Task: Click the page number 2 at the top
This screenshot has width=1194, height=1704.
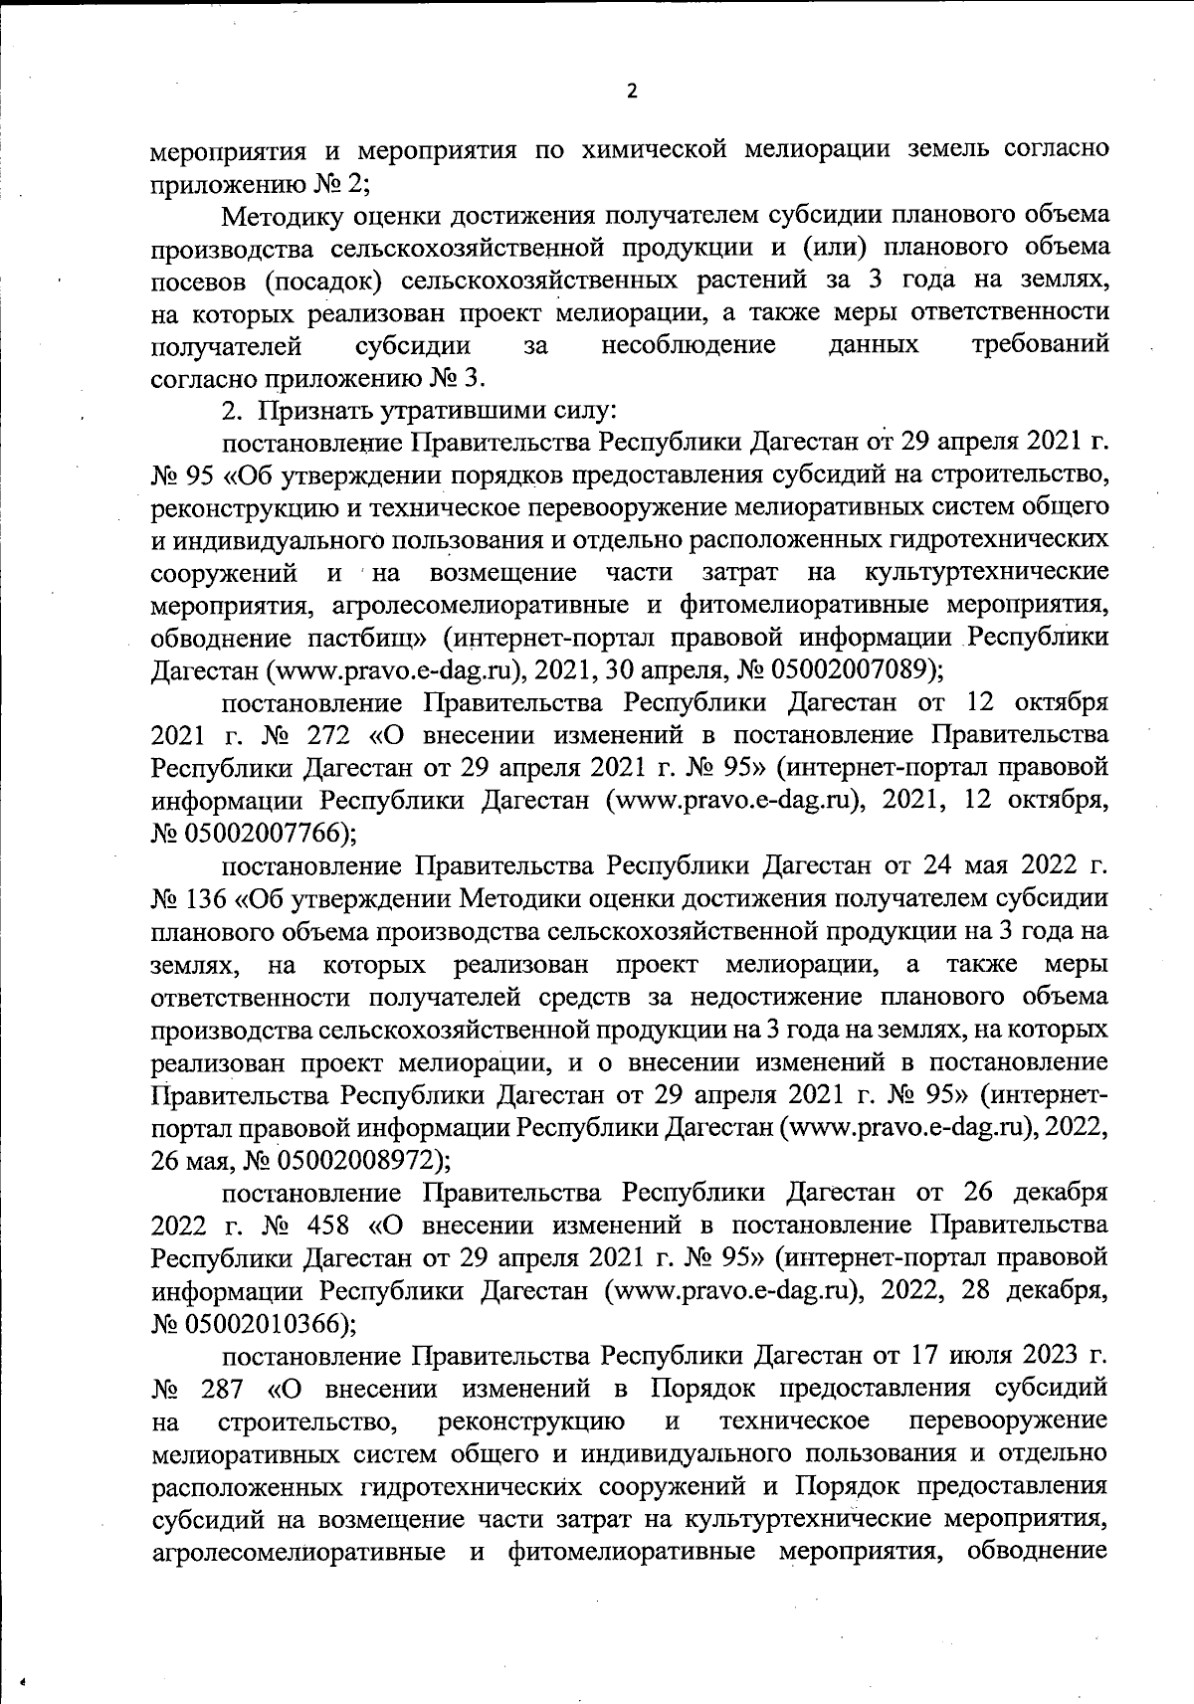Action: (631, 92)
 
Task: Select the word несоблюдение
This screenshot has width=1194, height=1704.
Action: (689, 345)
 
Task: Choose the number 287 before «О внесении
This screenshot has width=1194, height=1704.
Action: (222, 1389)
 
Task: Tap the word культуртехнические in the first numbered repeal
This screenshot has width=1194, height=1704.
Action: (986, 573)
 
